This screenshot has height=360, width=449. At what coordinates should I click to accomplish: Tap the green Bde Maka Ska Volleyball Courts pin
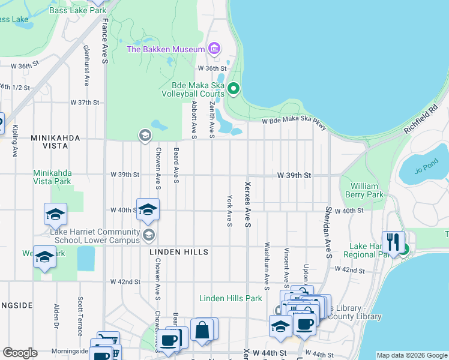coord(234,90)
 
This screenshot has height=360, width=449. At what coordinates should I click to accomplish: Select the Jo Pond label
coord(427,166)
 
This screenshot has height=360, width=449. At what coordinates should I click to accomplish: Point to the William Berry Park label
coord(367,190)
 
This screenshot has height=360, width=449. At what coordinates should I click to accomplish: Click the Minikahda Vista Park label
coord(60,177)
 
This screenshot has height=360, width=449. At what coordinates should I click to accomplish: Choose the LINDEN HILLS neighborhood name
coord(179,252)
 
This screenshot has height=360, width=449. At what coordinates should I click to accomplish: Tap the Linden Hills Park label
coord(231,298)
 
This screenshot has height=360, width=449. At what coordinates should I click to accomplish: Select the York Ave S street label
coord(229,211)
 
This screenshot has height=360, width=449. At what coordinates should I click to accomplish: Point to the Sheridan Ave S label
coord(328,225)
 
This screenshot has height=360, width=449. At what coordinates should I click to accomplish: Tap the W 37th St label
coord(84,103)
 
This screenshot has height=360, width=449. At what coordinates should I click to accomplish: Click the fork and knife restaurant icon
coord(393,242)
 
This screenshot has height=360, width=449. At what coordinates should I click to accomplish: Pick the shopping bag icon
coord(202,329)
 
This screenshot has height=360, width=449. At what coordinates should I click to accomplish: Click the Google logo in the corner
coord(20,353)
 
